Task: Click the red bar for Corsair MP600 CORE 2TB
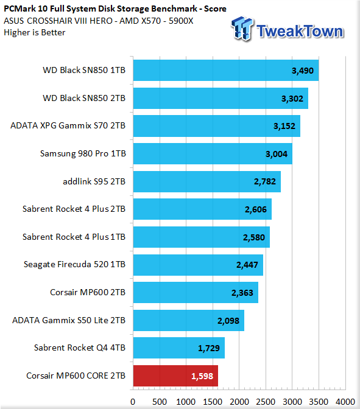(175, 376)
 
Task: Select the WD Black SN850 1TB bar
(226, 70)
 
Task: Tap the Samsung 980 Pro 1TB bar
(213, 153)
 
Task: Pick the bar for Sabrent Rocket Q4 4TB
(179, 348)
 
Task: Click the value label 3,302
(292, 99)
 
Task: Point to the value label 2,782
(265, 181)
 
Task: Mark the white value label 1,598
(202, 376)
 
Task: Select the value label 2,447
(247, 265)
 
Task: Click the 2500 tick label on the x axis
(266, 402)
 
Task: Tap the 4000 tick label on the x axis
(345, 402)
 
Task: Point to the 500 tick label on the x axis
(160, 402)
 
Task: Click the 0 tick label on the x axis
(133, 402)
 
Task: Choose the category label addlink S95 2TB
(94, 181)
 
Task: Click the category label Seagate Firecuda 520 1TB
(74, 265)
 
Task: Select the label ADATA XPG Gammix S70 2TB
(68, 125)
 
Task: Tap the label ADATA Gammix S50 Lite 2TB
(69, 320)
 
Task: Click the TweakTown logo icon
(242, 28)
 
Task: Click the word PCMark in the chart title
(20, 9)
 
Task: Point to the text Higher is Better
(35, 33)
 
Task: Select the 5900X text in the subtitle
(181, 21)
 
